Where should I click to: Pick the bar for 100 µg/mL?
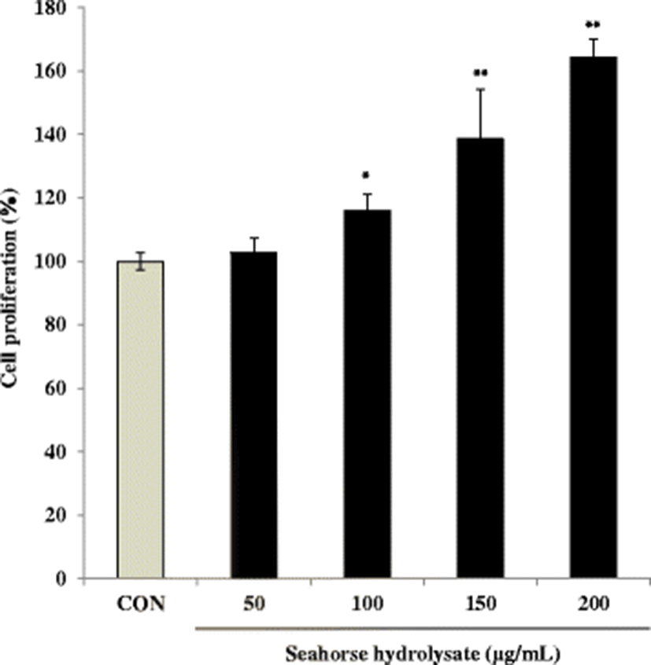368,394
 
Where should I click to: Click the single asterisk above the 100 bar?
366,175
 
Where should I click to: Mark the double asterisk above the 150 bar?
480,74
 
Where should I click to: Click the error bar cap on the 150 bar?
480,90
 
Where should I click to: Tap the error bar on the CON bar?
140,260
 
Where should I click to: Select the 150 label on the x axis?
480,604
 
